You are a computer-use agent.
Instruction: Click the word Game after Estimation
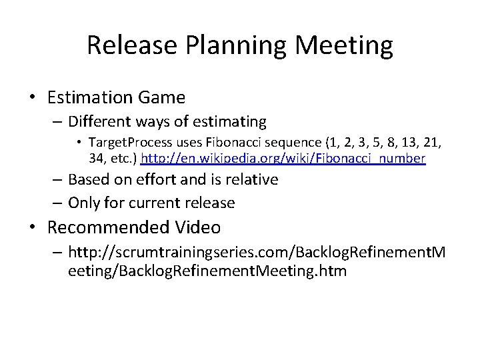tap(162, 97)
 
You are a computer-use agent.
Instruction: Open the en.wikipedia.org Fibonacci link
tap(283, 159)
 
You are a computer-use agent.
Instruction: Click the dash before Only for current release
tap(57, 202)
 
